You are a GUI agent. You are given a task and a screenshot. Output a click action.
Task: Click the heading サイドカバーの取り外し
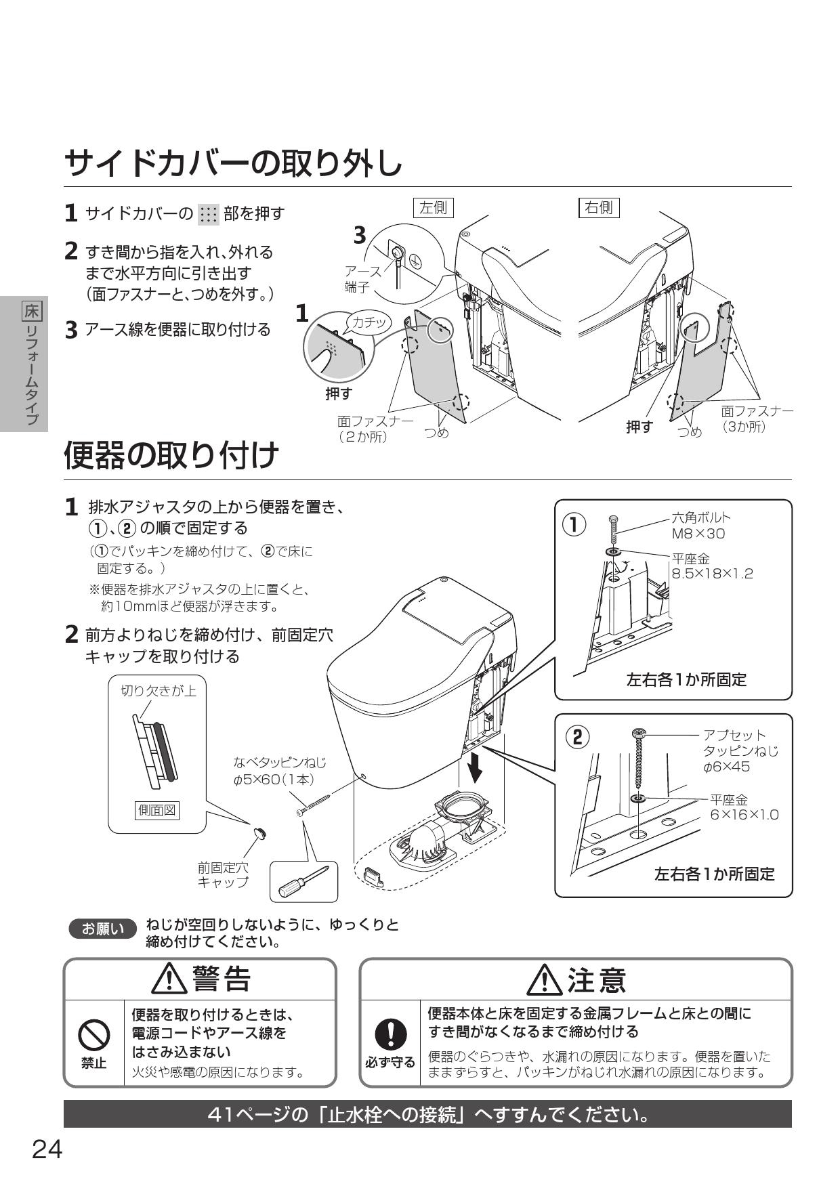[x=234, y=163]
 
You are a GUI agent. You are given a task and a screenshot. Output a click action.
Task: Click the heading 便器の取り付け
[x=171, y=454]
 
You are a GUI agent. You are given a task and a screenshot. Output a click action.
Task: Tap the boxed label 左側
[x=434, y=207]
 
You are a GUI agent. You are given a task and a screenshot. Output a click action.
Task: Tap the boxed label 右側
[x=599, y=207]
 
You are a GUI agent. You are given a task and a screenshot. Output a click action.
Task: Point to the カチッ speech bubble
[x=369, y=322]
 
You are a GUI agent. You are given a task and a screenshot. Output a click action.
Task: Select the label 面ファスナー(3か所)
[x=756, y=419]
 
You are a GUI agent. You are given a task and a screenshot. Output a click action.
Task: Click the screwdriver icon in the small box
[x=303, y=881]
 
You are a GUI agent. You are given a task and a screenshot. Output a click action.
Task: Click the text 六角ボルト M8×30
[x=700, y=526]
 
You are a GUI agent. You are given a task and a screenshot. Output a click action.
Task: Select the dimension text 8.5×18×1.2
[x=712, y=574]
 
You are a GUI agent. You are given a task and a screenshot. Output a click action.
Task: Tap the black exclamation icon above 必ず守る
[x=390, y=1035]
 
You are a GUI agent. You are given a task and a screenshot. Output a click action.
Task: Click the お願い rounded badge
[x=103, y=929]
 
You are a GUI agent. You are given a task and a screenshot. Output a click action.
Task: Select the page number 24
[x=47, y=1149]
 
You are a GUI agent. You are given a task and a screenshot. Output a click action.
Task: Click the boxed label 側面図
[x=157, y=809]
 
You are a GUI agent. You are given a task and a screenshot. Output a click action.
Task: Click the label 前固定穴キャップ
[x=223, y=874]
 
